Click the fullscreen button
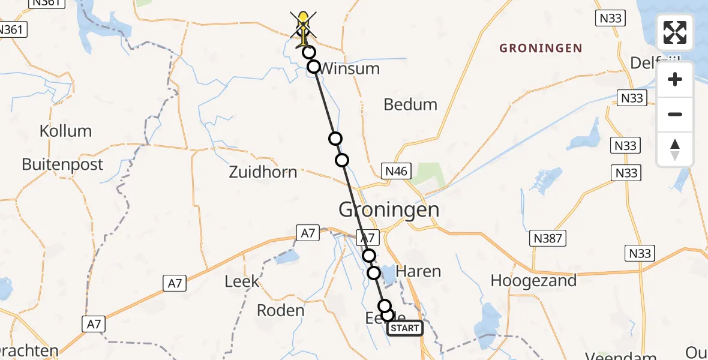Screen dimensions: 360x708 point(675,32)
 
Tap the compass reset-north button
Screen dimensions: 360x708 point(675,149)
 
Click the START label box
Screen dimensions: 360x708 point(405,328)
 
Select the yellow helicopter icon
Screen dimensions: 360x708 point(304,27)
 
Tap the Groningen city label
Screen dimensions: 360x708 point(389,210)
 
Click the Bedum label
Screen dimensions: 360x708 point(410,104)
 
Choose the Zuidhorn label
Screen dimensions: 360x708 point(263,172)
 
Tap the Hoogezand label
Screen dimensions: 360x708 point(533,280)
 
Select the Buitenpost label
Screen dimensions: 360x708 point(62,164)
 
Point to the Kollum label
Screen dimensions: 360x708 point(65,131)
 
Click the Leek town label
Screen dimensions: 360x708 point(242,280)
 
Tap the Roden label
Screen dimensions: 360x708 point(280,310)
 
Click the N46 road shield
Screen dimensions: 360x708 point(396,172)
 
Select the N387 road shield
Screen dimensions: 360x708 point(547,239)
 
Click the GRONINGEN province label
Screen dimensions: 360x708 point(541,48)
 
